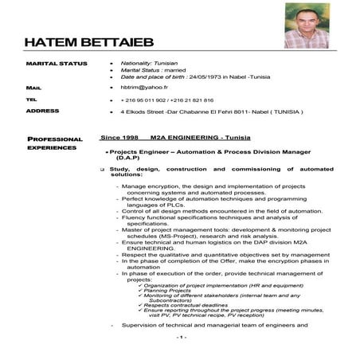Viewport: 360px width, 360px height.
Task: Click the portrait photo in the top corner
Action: [306, 25]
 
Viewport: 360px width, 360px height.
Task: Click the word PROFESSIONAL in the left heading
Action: [55, 139]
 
